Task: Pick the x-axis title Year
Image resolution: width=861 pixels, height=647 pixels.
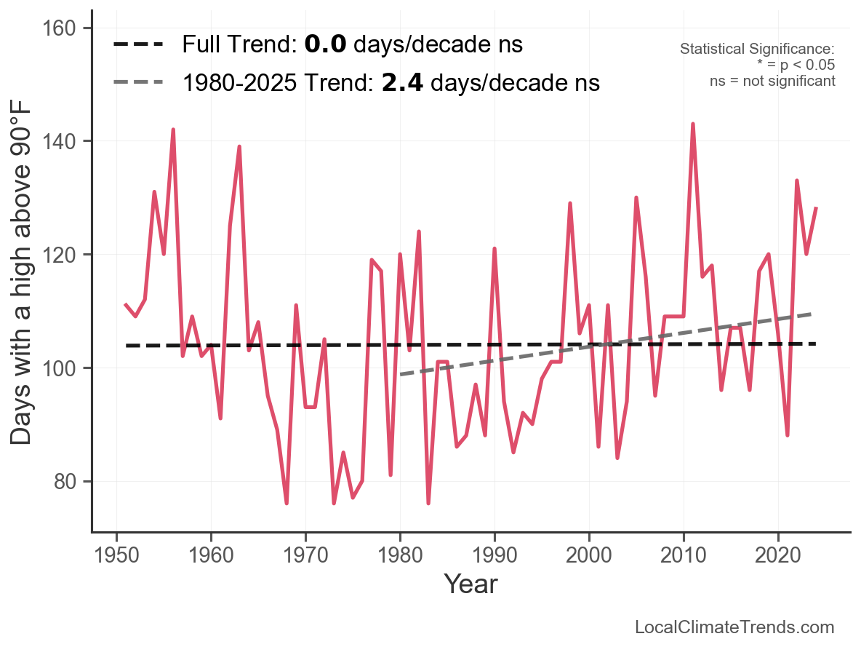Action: (470, 584)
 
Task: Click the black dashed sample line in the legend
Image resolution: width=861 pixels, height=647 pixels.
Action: (139, 45)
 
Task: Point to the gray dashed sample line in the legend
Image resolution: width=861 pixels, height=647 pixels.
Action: (139, 83)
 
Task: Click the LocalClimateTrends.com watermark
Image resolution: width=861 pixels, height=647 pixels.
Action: (734, 627)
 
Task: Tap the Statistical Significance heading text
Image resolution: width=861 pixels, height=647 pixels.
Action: (757, 49)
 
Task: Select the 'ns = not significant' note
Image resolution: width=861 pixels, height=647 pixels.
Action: (772, 81)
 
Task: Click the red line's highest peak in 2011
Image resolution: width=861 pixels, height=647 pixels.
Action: (693, 124)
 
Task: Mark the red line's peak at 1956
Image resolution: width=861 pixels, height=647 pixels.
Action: (173, 130)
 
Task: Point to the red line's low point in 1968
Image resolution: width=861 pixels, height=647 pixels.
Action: (287, 503)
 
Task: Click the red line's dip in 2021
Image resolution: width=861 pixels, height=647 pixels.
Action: (788, 434)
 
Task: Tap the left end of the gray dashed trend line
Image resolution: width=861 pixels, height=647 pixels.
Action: (401, 374)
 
